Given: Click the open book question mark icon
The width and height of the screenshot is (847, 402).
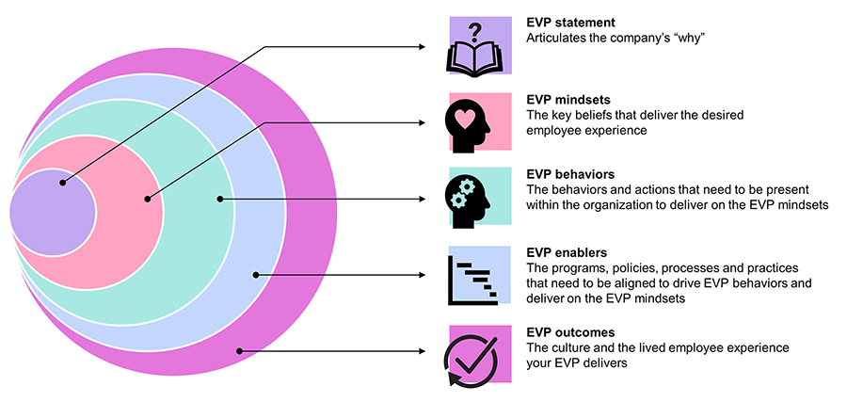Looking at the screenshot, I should coord(479,45).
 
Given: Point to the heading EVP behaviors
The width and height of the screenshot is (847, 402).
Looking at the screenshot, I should coord(570,175).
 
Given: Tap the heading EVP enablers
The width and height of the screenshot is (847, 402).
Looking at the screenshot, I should coord(567,253).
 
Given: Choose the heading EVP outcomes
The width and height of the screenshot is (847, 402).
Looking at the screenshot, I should coord(570,332).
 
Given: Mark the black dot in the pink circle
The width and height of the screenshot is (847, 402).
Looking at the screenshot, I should coord(148,199).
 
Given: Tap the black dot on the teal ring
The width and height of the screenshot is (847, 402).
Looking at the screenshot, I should coord(218,199).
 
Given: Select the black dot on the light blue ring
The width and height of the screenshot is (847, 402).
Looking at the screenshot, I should coord(255,275).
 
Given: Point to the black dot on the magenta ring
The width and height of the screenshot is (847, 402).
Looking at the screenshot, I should coord(241,351).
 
